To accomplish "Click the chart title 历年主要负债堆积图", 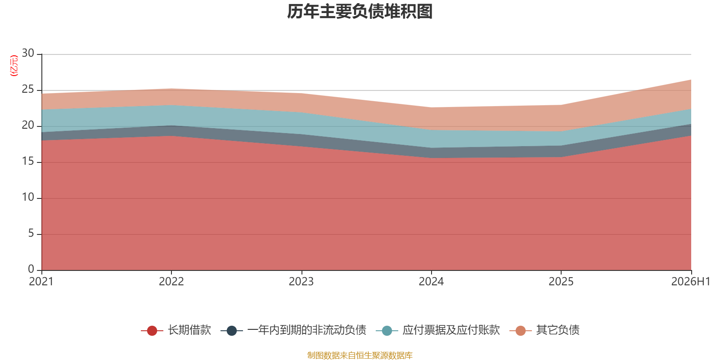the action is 360,12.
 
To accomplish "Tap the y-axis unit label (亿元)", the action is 14,66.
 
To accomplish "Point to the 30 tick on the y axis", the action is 28,53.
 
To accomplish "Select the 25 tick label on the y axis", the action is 28,89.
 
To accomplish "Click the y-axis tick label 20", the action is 28,125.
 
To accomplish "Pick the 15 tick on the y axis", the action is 28,161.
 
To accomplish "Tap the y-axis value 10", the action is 28,197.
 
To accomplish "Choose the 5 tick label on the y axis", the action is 31,233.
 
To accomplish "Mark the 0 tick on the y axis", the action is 31,269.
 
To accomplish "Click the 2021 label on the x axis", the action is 41,282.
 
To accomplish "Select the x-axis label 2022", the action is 171,282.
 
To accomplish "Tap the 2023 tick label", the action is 301,282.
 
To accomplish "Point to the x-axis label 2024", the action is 431,282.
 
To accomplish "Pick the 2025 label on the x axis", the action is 561,282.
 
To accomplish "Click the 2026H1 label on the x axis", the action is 691,282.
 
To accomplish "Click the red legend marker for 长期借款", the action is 152,330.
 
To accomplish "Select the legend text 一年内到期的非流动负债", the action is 306,330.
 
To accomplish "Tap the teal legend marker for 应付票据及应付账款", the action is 387,330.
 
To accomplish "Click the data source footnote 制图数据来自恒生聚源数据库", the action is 360,355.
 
